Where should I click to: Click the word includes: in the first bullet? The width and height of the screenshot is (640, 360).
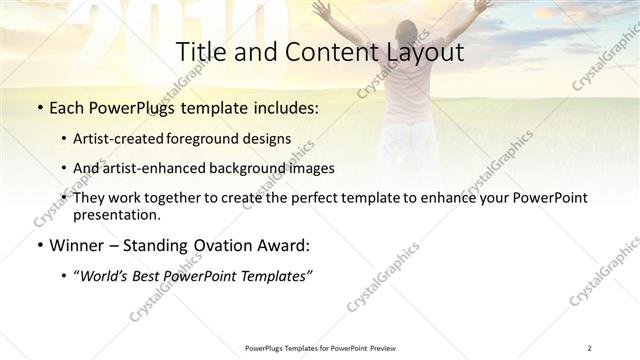tap(282, 107)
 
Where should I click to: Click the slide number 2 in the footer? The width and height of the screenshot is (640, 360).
tap(590, 347)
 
